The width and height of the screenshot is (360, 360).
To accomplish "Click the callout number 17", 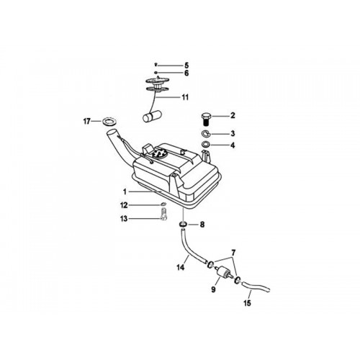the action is [86, 122].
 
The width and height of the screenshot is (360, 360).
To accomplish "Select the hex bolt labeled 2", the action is [205, 119].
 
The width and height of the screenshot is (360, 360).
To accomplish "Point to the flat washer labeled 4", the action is [206, 145].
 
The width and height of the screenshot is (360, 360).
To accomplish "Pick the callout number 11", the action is [185, 97].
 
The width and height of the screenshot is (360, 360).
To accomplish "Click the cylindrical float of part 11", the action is [152, 117].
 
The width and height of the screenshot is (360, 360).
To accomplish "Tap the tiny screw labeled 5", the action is [156, 64].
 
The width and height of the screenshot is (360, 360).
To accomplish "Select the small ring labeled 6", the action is [156, 73].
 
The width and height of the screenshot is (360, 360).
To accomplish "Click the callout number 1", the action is [125, 192].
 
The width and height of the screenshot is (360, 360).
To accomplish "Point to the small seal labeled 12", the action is [163, 204].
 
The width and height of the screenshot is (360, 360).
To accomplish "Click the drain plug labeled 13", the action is [163, 214].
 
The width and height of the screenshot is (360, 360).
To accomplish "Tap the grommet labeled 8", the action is [184, 225].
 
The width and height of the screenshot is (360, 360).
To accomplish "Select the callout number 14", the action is [181, 267].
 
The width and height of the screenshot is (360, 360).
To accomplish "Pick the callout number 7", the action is [233, 252].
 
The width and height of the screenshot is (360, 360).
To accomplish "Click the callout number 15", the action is [247, 303].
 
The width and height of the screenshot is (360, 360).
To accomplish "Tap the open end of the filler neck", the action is [112, 132].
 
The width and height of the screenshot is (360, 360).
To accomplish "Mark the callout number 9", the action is [213, 289].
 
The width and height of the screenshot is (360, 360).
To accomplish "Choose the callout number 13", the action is [124, 219].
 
